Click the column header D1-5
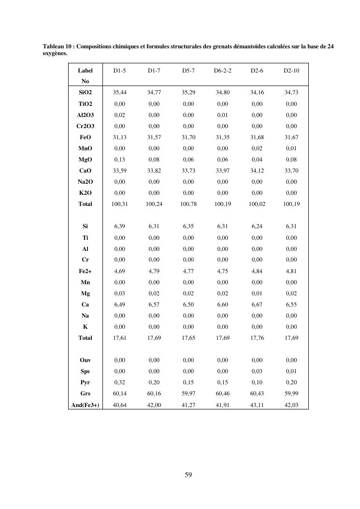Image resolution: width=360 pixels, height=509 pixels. click(119, 71)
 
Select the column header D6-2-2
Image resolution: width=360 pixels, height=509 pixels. click(223, 71)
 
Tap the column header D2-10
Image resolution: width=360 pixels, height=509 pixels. click(291, 71)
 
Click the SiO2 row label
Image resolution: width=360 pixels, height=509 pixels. click(85, 93)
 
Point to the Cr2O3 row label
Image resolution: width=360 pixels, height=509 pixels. click(85, 126)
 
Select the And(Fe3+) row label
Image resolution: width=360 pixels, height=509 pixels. click(85, 405)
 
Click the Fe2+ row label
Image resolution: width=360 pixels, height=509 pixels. click(85, 271)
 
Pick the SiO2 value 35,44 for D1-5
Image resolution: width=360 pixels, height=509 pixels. click(119, 93)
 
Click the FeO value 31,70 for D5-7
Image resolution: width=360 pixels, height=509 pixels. click(188, 137)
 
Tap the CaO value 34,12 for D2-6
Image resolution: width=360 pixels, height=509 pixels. click(257, 171)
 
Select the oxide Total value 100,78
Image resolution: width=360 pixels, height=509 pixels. click(188, 204)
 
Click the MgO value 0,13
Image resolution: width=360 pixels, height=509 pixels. click(119, 160)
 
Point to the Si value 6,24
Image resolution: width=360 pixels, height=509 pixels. click(257, 226)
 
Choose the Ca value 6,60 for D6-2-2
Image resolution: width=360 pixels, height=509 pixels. click(223, 305)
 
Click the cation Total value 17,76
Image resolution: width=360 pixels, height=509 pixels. click(257, 338)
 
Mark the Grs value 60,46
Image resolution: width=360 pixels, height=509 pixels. click(223, 393)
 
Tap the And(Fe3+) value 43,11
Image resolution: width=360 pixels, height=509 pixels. click(257, 405)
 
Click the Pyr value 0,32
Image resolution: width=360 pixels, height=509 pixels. click(119, 382)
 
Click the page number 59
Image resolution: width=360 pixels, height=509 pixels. click(188, 475)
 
